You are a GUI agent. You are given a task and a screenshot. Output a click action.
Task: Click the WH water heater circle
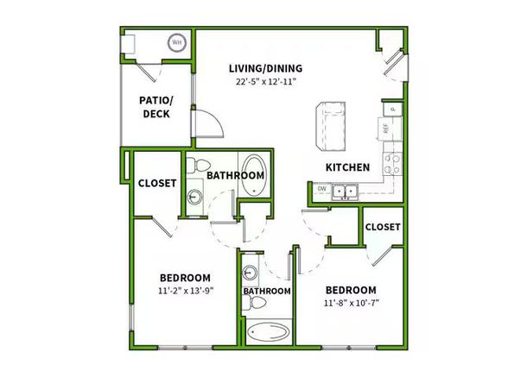pyautogui.click(x=176, y=41)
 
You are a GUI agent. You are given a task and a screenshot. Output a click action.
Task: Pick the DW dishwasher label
pyautogui.click(x=321, y=189)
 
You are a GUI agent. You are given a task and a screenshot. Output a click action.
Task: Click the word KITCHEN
pyautogui.click(x=347, y=167)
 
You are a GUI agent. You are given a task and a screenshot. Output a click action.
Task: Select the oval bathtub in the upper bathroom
pyautogui.click(x=254, y=173)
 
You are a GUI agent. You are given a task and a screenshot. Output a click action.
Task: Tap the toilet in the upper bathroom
pyautogui.click(x=198, y=166)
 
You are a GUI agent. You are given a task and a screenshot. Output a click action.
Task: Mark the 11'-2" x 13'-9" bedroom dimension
pyautogui.click(x=187, y=291)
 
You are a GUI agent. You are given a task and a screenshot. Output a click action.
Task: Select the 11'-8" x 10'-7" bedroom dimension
pyautogui.click(x=350, y=303)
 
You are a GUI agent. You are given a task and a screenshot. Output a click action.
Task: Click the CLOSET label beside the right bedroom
pyautogui.click(x=382, y=227)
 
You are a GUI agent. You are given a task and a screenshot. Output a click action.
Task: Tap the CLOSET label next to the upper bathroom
pyautogui.click(x=156, y=184)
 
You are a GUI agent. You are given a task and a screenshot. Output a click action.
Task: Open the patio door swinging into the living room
pyautogui.click(x=207, y=127)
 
